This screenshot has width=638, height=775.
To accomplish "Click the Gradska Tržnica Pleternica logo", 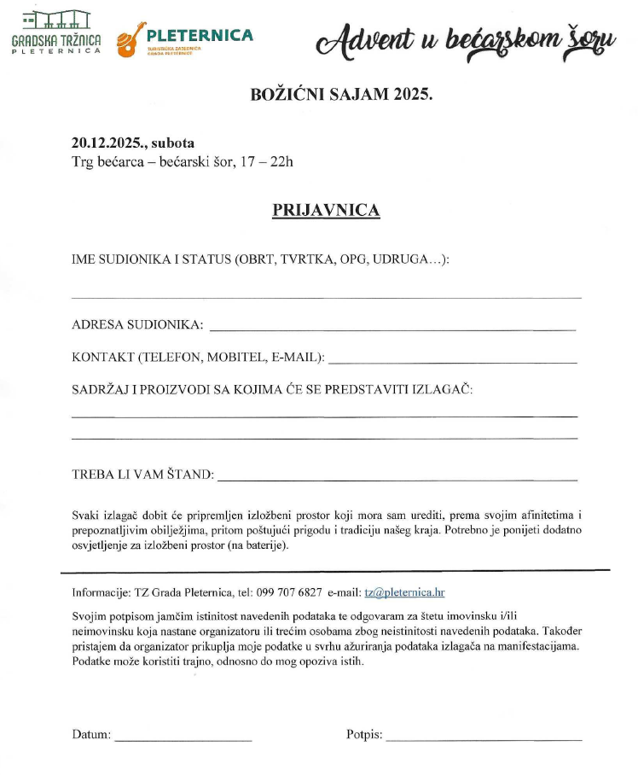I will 56,34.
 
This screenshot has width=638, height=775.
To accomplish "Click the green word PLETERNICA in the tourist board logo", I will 200,35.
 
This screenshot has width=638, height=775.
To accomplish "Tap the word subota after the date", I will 179,143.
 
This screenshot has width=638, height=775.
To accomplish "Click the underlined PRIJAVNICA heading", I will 326,211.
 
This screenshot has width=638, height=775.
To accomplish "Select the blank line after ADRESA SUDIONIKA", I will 392,328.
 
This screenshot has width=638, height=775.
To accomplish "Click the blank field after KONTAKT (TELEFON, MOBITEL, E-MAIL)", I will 453,362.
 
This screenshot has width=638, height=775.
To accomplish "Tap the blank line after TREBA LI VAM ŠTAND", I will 397,480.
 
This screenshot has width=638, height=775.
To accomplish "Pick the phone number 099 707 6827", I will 290,593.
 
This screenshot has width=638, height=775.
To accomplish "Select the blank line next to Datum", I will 183,738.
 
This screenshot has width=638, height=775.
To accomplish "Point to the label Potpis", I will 364,734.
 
